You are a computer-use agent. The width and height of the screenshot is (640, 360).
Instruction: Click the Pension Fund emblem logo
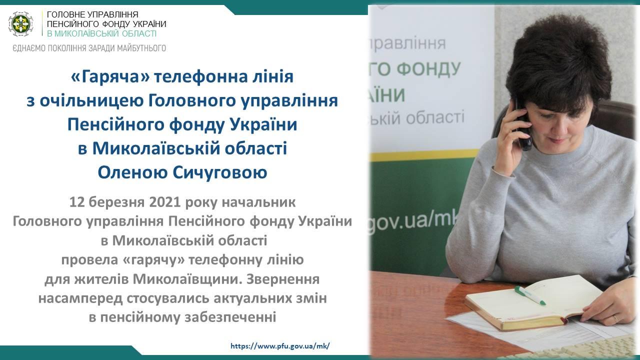(x=20, y=24)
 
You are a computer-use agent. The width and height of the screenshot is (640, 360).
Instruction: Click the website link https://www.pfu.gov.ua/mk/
(x=280, y=346)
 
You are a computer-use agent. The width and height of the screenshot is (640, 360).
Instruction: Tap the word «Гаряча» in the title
(x=110, y=77)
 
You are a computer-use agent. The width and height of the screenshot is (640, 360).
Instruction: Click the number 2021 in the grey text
(x=165, y=202)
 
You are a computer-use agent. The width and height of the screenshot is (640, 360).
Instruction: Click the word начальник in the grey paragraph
(x=259, y=202)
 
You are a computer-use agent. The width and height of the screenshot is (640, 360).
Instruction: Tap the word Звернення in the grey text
(x=282, y=279)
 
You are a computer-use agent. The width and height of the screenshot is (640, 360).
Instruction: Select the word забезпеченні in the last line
(x=230, y=317)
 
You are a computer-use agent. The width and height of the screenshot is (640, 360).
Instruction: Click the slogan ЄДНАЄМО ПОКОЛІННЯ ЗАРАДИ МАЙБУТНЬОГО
(x=89, y=48)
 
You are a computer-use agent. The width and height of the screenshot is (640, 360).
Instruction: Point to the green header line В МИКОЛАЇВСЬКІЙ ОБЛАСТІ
(x=101, y=33)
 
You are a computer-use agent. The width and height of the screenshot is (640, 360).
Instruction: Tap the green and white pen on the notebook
(x=530, y=295)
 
